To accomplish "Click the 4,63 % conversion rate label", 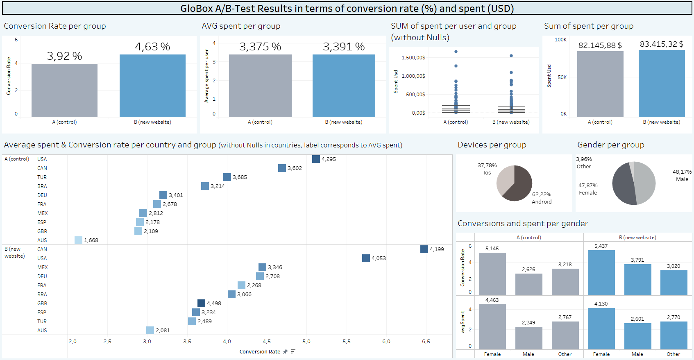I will [152, 47].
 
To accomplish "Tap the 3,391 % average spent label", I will [344, 47].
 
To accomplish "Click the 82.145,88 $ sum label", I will [600, 45].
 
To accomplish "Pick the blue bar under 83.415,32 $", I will [662, 84].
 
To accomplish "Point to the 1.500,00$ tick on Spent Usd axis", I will [413, 58].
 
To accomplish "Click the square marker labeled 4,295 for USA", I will [316, 159].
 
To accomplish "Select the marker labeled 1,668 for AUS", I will [78, 240].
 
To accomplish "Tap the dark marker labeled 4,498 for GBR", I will [201, 303].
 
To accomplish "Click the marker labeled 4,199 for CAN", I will [424, 249].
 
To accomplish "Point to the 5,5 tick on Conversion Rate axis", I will [347, 341].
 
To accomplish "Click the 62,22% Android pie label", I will [542, 198].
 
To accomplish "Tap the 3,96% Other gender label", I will [584, 163].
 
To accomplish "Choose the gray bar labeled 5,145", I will [492, 274].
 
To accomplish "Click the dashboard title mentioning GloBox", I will [347, 9].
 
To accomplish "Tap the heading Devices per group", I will [492, 145].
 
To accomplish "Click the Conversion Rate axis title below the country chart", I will [260, 351].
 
